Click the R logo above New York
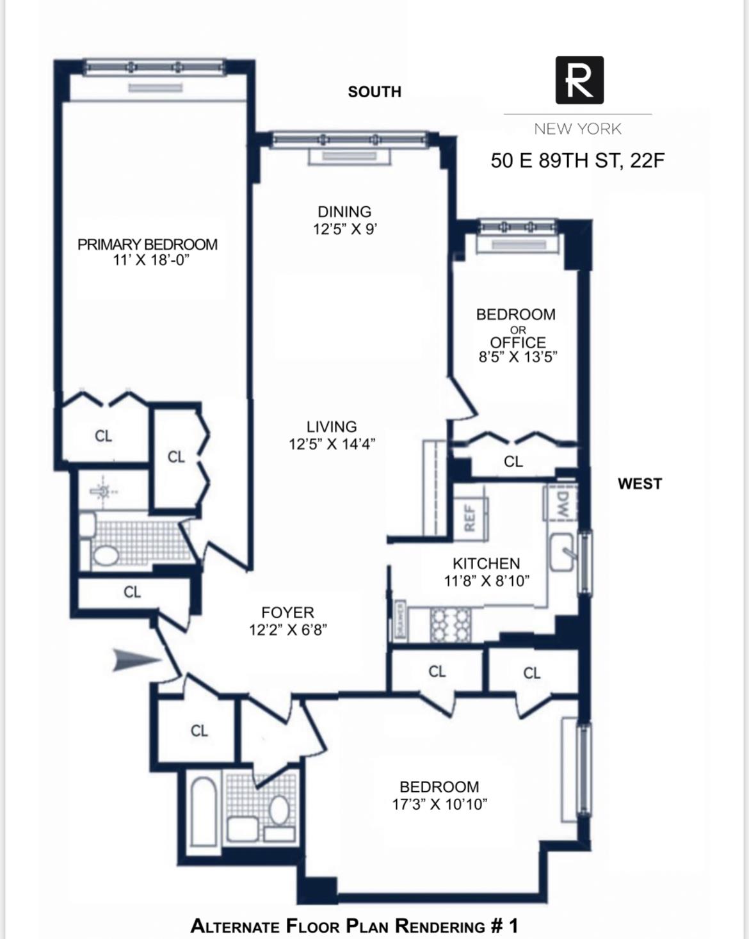[579, 80]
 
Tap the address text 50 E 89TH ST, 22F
[577, 160]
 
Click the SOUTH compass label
[374, 92]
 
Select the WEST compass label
[640, 484]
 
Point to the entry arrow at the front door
[136, 660]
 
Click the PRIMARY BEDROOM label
[147, 244]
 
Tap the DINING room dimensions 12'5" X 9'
[344, 229]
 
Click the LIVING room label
[332, 426]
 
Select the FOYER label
[287, 613]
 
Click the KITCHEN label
[486, 563]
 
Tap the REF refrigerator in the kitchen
[470, 518]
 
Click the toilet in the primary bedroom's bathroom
[105, 554]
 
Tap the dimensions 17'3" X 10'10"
[439, 804]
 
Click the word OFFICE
[518, 342]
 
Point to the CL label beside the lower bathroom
[199, 730]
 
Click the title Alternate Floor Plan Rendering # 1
[354, 926]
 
